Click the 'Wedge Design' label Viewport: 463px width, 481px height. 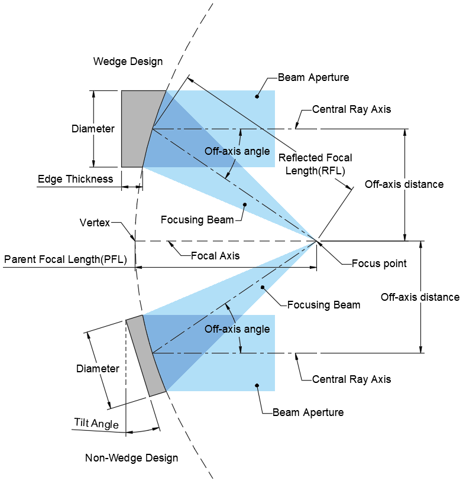click(x=128, y=61)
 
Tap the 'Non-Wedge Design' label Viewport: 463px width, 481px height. click(x=131, y=458)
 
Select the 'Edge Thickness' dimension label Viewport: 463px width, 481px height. click(x=75, y=179)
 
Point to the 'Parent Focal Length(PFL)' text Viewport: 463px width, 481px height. click(x=65, y=259)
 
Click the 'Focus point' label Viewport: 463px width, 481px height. click(x=379, y=264)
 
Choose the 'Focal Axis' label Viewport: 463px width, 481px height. click(x=215, y=256)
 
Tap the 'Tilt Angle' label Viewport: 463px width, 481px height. click(x=96, y=423)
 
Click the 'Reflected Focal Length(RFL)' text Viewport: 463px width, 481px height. click(x=315, y=164)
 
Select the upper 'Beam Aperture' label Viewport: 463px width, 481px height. click(x=313, y=77)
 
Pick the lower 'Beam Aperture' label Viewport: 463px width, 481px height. click(x=308, y=412)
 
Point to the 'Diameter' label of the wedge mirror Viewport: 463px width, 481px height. click(x=93, y=129)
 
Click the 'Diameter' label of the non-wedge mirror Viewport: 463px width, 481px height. click(x=98, y=369)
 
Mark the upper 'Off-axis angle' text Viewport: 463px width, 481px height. click(x=237, y=151)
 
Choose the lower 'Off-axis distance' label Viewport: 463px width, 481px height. click(x=420, y=297)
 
